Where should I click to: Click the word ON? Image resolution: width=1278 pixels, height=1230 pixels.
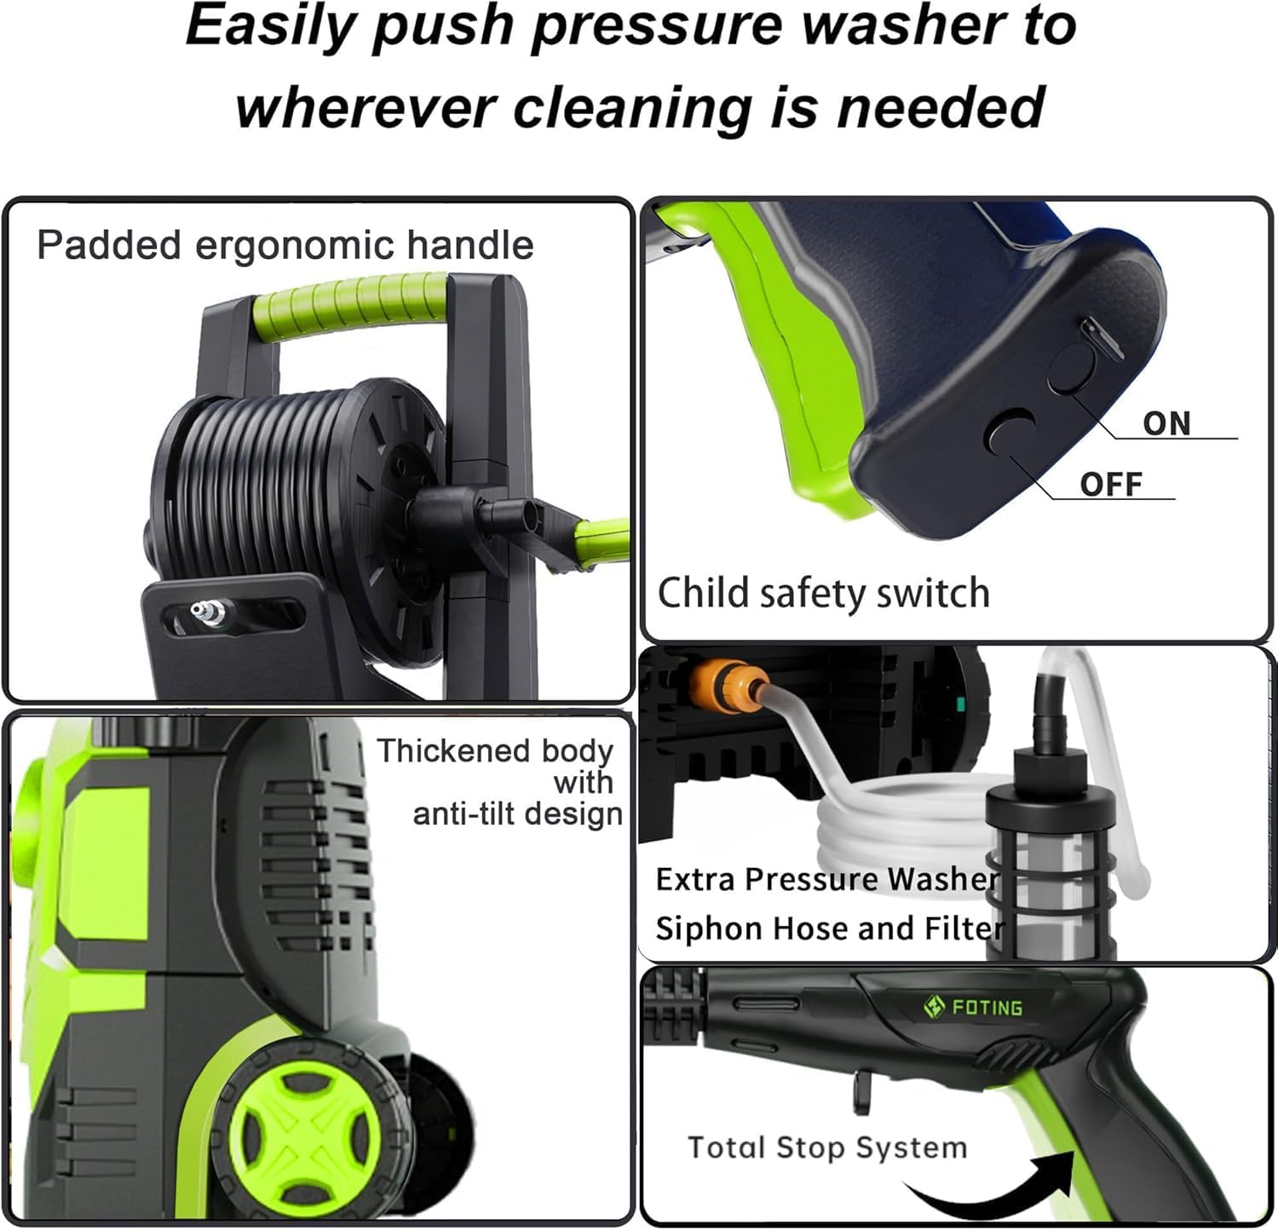[1166, 423]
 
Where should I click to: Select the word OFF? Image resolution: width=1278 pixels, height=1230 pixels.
[1110, 485]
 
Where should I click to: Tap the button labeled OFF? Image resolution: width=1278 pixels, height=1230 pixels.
[1010, 431]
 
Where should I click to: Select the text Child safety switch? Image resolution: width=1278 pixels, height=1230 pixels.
[823, 593]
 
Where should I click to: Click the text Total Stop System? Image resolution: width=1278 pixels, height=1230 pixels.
[827, 1147]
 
